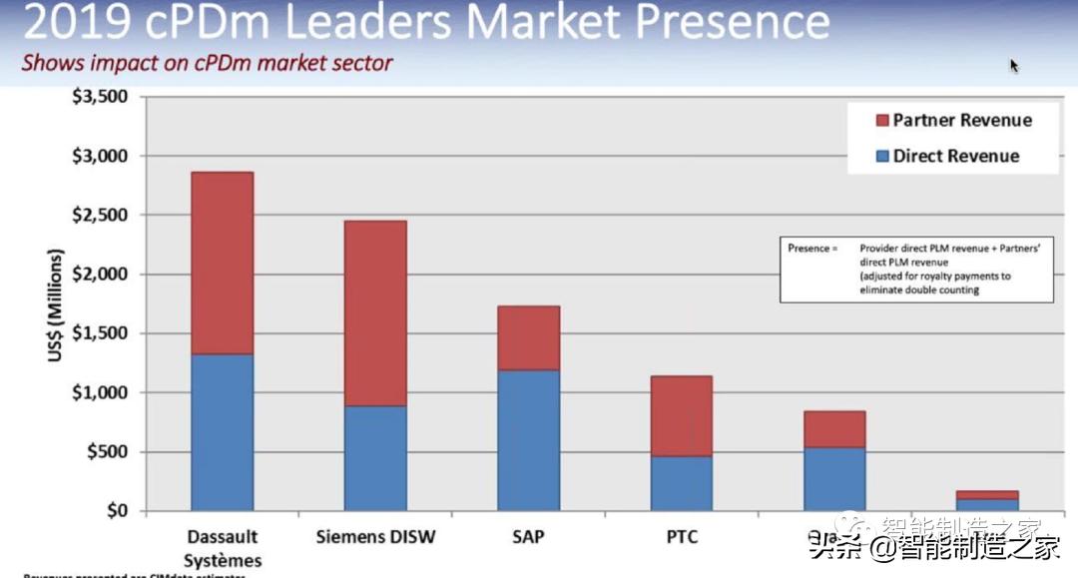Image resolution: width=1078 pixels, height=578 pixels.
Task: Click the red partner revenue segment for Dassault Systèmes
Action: (222, 263)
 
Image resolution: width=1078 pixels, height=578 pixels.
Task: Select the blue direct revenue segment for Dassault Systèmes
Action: (222, 431)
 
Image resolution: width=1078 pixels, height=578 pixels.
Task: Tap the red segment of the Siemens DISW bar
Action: (375, 312)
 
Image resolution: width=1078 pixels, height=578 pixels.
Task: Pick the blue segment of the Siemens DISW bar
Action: (375, 458)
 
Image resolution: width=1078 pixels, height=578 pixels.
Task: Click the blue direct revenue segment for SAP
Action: (528, 440)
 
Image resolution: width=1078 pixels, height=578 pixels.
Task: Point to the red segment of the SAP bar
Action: (528, 337)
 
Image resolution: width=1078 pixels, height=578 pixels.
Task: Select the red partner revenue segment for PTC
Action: (682, 415)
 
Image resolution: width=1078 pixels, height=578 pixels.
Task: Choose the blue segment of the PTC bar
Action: (682, 483)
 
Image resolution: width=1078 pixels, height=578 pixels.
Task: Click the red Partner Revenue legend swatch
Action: (881, 121)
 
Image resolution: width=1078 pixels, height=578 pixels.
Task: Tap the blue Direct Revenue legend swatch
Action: (881, 156)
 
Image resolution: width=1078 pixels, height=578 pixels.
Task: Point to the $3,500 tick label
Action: (100, 97)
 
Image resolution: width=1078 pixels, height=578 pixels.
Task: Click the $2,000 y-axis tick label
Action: (100, 275)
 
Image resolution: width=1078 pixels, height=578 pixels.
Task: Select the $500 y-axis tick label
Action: (107, 452)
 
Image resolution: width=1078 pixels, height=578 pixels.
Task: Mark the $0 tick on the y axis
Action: (117, 511)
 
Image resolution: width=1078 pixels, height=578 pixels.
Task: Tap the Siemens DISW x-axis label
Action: (375, 537)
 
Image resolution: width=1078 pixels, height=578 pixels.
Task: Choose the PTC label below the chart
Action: (682, 537)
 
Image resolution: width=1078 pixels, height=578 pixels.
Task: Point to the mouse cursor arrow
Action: (1014, 66)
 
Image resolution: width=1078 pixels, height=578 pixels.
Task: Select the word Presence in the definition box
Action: (808, 248)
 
